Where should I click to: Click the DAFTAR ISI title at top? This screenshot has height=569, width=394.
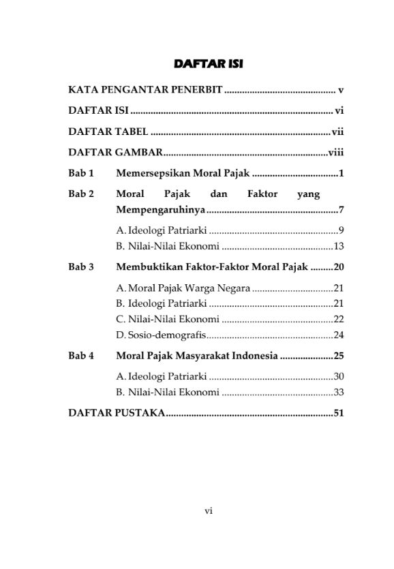(x=209, y=65)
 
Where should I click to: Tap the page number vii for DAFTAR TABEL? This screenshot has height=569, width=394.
(x=338, y=132)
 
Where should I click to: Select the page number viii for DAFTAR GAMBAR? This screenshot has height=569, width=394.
(x=336, y=153)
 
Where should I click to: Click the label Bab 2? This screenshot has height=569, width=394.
(x=81, y=194)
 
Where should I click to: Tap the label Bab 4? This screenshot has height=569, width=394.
(x=81, y=356)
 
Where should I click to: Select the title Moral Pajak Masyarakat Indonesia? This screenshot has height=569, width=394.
(x=197, y=356)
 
